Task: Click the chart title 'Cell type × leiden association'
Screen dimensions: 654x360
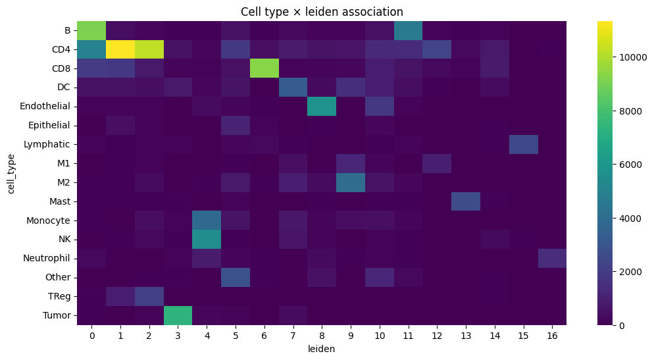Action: (322, 12)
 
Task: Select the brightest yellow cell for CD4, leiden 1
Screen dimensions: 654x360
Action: (120, 49)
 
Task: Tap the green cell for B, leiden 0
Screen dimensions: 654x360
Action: (91, 30)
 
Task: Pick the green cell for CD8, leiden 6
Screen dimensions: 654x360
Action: (264, 68)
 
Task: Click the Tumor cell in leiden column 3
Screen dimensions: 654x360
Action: (178, 315)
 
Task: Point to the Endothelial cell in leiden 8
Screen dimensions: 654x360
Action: (322, 107)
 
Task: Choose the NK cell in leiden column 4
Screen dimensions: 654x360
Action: (207, 240)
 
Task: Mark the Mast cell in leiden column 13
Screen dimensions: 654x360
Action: (466, 201)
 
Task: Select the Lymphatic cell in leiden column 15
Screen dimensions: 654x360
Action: (524, 144)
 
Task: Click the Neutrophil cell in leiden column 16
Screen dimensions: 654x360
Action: (552, 258)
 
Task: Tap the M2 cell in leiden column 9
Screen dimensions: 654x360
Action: (351, 182)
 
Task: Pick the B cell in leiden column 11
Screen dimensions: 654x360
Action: (409, 30)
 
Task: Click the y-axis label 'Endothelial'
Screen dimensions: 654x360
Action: (45, 107)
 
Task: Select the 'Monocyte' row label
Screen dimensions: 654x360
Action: (49, 220)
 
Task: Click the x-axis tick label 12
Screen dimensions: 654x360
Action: (437, 336)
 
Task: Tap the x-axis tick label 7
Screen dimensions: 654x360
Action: (293, 336)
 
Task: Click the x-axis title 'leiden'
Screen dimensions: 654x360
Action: (322, 349)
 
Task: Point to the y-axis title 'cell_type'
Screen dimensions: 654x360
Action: (11, 174)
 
